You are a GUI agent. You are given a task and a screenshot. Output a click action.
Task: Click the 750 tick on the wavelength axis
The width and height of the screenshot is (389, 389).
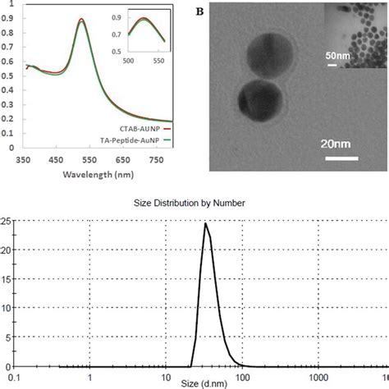155,162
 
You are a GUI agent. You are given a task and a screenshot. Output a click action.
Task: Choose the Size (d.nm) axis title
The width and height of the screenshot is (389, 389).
195,382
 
